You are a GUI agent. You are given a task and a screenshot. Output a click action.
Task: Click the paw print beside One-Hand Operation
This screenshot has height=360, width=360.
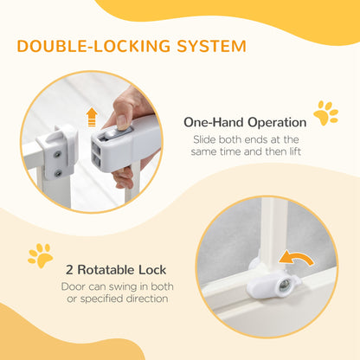click(x=325, y=113)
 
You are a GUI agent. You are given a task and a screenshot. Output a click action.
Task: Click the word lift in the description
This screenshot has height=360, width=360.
click(x=283, y=152)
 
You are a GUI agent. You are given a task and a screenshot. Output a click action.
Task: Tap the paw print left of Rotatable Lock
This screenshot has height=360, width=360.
click(x=39, y=254)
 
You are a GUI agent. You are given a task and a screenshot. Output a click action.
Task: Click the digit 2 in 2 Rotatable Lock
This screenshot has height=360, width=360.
click(x=65, y=268)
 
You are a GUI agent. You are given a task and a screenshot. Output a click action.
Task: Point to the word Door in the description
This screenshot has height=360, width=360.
click(x=74, y=286)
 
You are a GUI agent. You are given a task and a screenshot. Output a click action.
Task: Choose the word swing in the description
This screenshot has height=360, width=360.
click(x=120, y=286)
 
